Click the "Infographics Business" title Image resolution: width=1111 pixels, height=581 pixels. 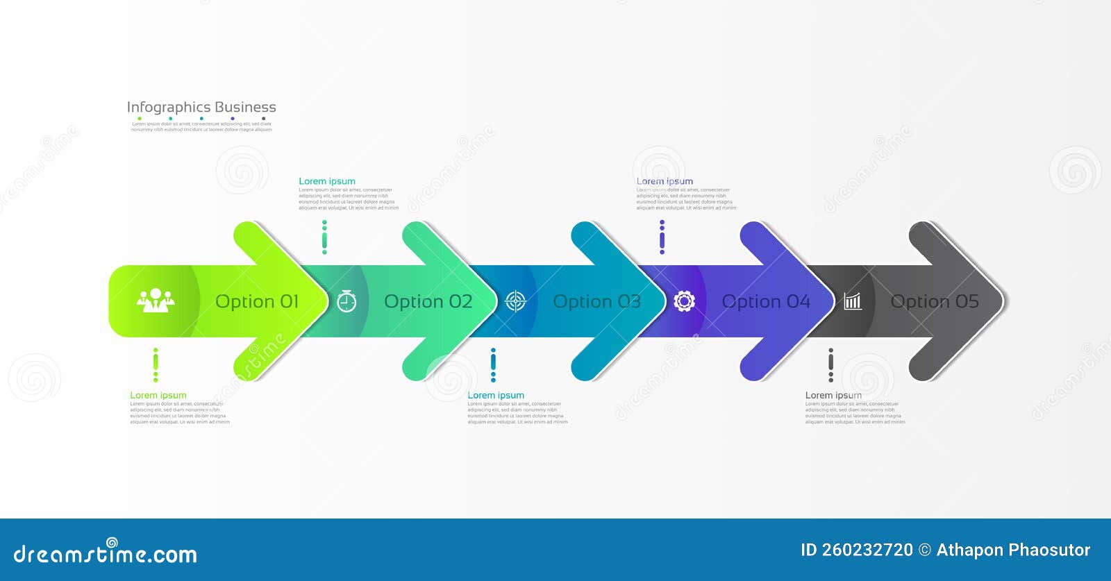pyautogui.click(x=201, y=108)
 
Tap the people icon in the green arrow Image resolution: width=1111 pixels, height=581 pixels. pyautogui.click(x=156, y=301)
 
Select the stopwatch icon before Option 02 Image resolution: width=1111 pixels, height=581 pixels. pyautogui.click(x=346, y=301)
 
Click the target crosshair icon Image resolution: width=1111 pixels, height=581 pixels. pyautogui.click(x=515, y=301)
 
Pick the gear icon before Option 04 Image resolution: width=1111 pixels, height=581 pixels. pyautogui.click(x=684, y=301)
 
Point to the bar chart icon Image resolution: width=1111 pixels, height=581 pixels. pyautogui.click(x=853, y=301)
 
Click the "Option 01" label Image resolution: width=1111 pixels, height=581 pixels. pyautogui.click(x=257, y=302)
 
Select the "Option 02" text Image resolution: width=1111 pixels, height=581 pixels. pyautogui.click(x=428, y=302)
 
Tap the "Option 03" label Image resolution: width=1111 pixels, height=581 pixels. pyautogui.click(x=596, y=302)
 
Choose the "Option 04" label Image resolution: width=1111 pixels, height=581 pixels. pyautogui.click(x=766, y=302)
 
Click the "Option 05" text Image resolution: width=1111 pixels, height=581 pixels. pyautogui.click(x=935, y=302)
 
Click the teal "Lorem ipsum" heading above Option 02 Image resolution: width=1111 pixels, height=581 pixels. pyautogui.click(x=327, y=181)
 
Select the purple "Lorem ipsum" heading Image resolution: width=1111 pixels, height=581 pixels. pyautogui.click(x=665, y=181)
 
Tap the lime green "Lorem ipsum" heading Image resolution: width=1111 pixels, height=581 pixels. pyautogui.click(x=158, y=396)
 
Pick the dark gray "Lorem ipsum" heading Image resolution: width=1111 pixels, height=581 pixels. pyautogui.click(x=833, y=396)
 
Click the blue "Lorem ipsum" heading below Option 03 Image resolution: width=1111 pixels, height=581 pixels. pyautogui.click(x=496, y=396)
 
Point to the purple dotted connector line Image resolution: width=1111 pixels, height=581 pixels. pyautogui.click(x=662, y=237)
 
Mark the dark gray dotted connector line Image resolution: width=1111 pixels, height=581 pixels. pyautogui.click(x=830, y=365)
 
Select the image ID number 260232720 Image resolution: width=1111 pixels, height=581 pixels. pyautogui.click(x=867, y=550)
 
